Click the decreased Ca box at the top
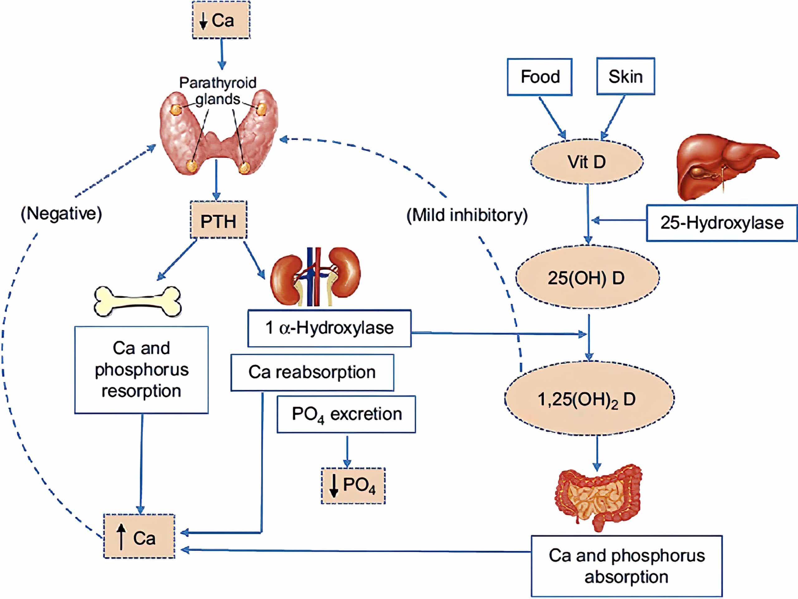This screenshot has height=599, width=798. pos(221,20)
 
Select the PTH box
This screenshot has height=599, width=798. pos(218,220)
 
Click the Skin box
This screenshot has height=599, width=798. pos(625,76)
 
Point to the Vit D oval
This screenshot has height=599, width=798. pos(587,161)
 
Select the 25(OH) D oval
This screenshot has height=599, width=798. pos(587,277)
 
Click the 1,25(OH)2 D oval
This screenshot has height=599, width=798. pos(589,398)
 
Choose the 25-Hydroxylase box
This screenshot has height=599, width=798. pos(722,223)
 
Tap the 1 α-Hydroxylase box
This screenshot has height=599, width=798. pos(329,328)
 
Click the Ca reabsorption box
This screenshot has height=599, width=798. pos(312,372)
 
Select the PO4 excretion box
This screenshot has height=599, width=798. pos(346,414)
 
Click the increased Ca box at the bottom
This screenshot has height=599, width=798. pos(139,536)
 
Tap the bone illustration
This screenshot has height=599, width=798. pos(137,301)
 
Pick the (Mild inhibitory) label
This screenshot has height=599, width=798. pos(467,215)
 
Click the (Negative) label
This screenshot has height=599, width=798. pos(61,213)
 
